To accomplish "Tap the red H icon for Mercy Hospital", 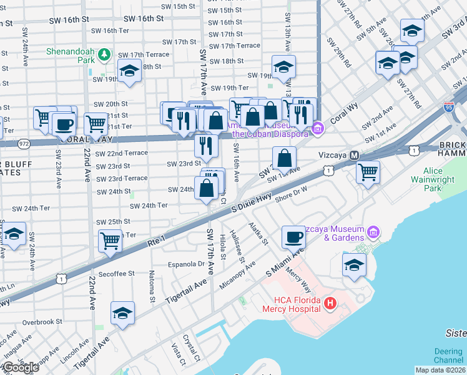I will tap(330, 304).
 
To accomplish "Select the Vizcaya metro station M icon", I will tap(354, 155).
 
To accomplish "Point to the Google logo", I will tap(20, 367).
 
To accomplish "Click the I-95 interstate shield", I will tap(449, 108).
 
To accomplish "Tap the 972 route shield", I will tap(23, 142).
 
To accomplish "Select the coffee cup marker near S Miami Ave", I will tap(293, 237).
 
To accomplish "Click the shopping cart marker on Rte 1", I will tap(111, 239).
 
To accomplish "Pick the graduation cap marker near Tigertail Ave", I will tap(123, 313).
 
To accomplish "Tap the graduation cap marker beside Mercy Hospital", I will tap(354, 265).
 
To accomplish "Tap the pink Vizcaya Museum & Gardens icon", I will tap(374, 232).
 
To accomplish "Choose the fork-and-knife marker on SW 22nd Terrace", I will tap(205, 146).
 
